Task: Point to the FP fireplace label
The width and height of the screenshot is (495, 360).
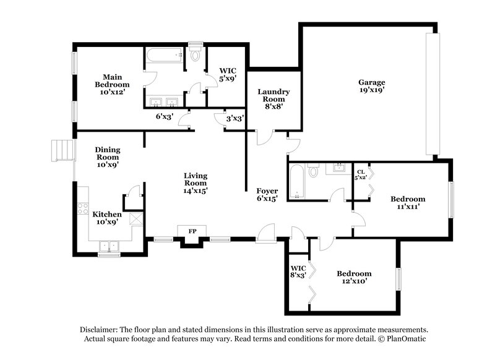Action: point(192,231)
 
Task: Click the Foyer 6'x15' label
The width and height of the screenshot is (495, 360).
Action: point(267,195)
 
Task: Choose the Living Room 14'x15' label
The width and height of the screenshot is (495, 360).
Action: point(195,183)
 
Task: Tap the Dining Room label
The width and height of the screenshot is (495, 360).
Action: point(107,157)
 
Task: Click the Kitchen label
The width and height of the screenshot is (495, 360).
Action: point(106,218)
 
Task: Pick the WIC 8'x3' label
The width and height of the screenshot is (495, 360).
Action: point(298,272)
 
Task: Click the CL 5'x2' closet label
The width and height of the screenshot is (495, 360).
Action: point(360,174)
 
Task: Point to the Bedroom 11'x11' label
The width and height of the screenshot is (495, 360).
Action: point(408,203)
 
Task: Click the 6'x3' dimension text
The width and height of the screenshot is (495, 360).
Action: point(164,116)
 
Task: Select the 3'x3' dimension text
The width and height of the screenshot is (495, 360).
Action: point(234,118)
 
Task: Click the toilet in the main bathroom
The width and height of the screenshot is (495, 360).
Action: point(196,56)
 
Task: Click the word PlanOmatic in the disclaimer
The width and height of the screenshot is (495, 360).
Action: point(406,339)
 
